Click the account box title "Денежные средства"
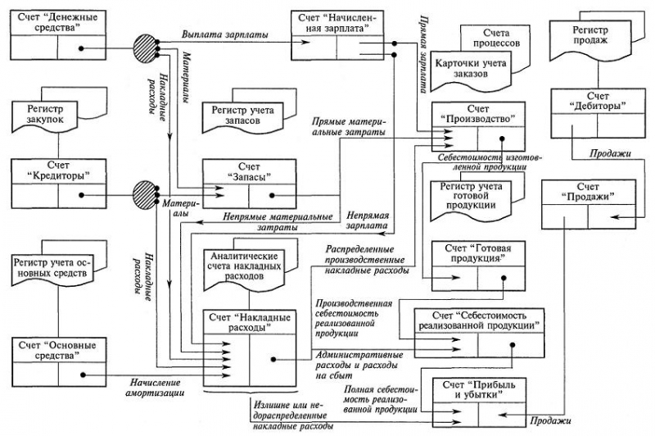click(x=58, y=23)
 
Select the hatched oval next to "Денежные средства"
click(x=145, y=48)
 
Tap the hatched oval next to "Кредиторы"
click(x=144, y=195)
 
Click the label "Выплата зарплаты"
click(x=224, y=34)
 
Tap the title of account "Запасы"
click(x=250, y=172)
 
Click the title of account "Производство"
click(x=478, y=114)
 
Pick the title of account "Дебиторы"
click(x=599, y=102)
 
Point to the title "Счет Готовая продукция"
click(x=478, y=253)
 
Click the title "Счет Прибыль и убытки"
click(x=479, y=389)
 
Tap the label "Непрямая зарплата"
click(x=367, y=220)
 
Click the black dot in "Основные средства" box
click(x=83, y=375)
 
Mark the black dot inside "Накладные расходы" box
click(x=273, y=359)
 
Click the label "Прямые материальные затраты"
click(x=349, y=127)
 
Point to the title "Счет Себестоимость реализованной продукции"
click(x=478, y=320)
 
